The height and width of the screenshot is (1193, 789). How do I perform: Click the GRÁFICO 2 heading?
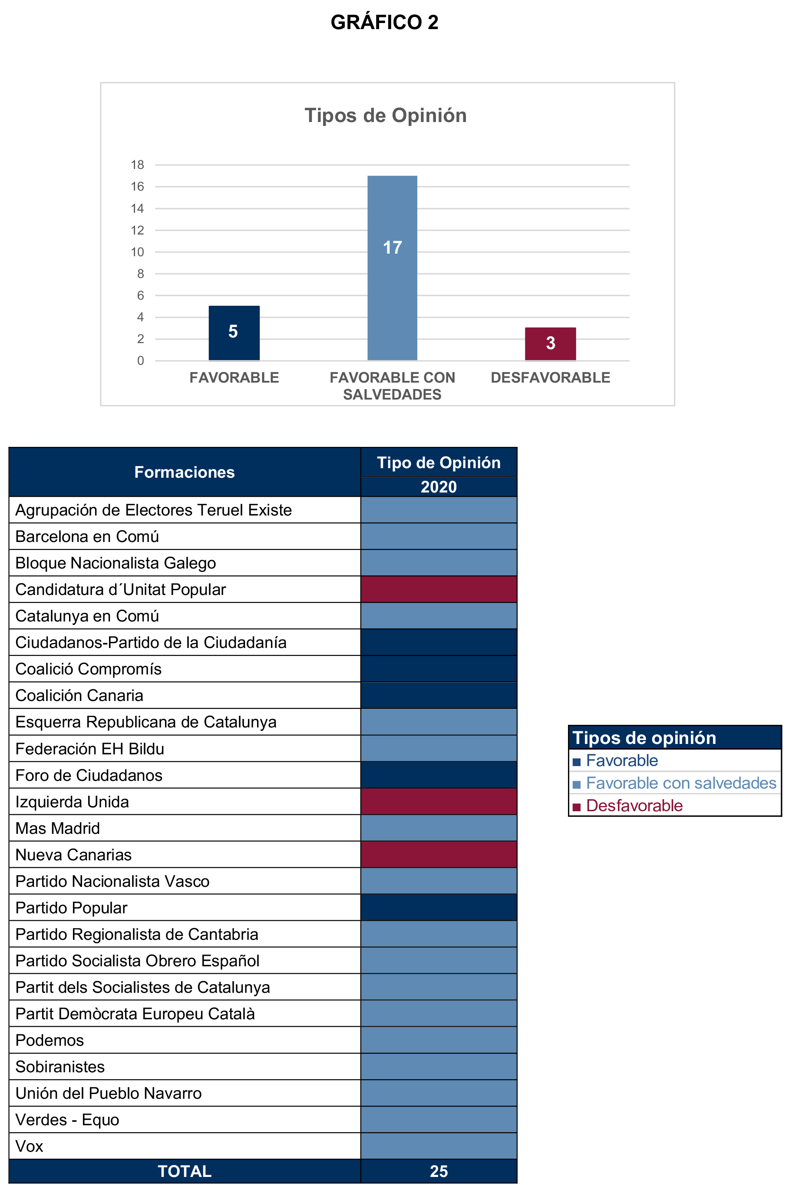(x=384, y=23)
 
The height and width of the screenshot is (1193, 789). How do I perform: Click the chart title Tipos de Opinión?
(x=386, y=116)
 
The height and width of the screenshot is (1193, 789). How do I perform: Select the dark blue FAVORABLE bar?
(x=234, y=333)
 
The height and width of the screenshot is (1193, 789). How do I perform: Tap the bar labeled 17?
(x=392, y=268)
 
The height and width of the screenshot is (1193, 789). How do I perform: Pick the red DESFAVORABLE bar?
(x=550, y=344)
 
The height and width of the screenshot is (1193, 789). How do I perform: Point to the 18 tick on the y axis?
(x=137, y=165)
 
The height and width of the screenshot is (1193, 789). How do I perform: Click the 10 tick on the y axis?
(x=137, y=252)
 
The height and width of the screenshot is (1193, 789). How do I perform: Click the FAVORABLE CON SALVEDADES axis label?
(x=392, y=386)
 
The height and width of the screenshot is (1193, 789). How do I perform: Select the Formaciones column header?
(x=185, y=473)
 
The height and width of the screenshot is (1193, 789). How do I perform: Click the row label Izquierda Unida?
(x=73, y=802)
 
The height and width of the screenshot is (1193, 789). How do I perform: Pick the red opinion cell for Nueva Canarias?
(x=439, y=854)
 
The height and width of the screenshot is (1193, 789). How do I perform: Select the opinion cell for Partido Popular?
(x=439, y=907)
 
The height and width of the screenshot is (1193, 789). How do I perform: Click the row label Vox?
(x=30, y=1146)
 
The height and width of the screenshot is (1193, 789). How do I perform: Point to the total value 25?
(x=439, y=1171)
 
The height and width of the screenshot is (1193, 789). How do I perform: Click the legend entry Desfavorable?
(x=634, y=806)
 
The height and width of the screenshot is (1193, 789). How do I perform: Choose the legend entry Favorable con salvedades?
(x=681, y=783)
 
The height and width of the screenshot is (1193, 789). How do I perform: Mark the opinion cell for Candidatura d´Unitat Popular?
(x=439, y=589)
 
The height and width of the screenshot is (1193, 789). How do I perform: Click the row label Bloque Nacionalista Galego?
(x=116, y=563)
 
